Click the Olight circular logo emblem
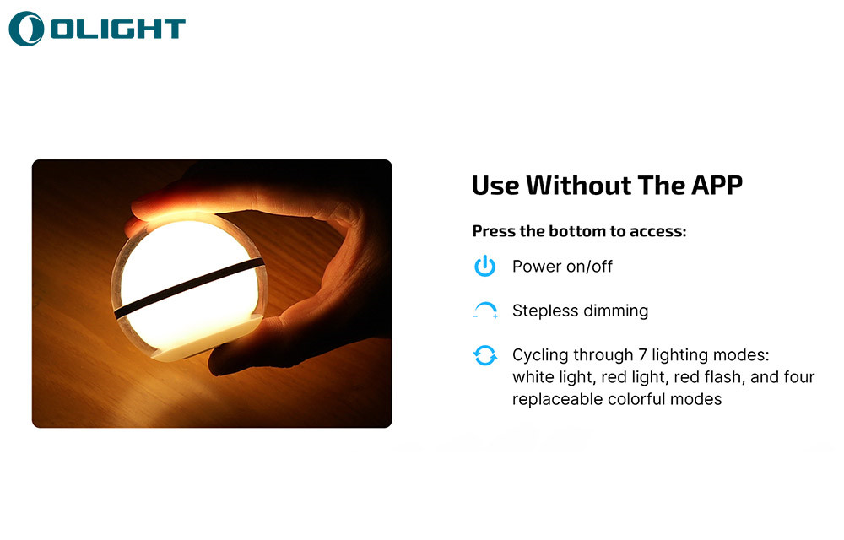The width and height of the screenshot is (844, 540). (x=26, y=29)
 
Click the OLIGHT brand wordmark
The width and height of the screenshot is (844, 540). (x=118, y=29)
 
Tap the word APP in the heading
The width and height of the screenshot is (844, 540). (x=717, y=186)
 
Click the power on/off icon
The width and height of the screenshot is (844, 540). (x=485, y=267)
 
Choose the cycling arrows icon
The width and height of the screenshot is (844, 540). (x=485, y=355)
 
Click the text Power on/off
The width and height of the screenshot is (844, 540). (x=562, y=267)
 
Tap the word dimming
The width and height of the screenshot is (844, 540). (x=616, y=310)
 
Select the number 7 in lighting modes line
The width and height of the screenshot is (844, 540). (x=642, y=355)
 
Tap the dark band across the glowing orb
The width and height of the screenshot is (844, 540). (x=189, y=288)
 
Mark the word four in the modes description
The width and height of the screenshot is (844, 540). (x=800, y=377)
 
